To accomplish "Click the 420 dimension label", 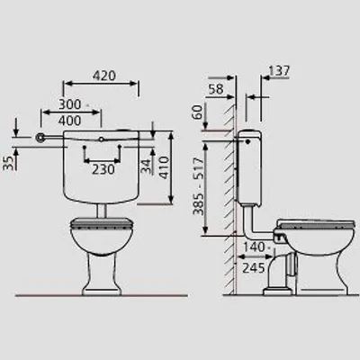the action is [104, 76].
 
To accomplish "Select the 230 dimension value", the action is [103, 170].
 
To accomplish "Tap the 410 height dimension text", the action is [164, 167].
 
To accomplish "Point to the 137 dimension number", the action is [279, 71].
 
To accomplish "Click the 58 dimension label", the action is [216, 89].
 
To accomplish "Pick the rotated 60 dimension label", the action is [198, 112].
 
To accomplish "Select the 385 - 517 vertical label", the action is [198, 186].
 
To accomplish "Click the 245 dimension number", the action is [254, 268].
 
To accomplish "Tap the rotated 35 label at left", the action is [9, 163].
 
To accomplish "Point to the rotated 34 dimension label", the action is [147, 166].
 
